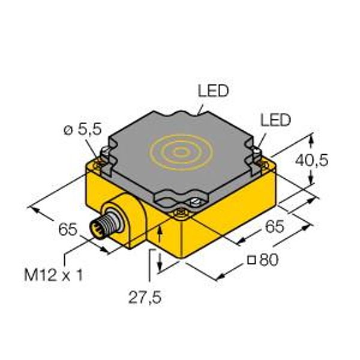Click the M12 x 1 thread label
coord(53,275)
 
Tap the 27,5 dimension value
coord(145,298)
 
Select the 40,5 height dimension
coord(311,160)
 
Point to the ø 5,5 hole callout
coord(82,129)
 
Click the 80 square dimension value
coord(269,260)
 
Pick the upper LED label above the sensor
coord(213,91)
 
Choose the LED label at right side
coord(275,119)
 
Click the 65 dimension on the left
coord(68,229)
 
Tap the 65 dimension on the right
coord(275,226)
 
